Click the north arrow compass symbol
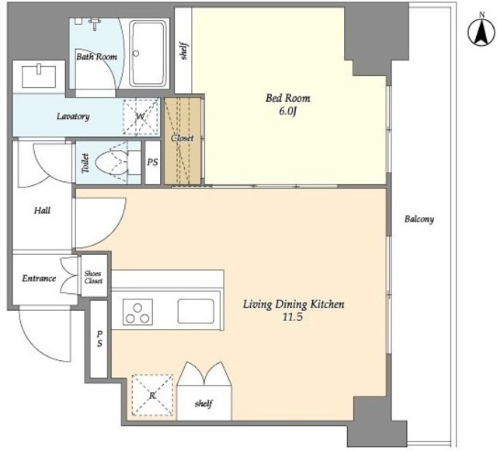click(x=481, y=32)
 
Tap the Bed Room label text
click(x=288, y=98)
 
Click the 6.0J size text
click(x=287, y=112)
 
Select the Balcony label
click(x=419, y=219)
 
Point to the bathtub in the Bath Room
click(x=149, y=54)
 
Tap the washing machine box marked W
click(x=141, y=117)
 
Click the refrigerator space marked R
click(x=152, y=396)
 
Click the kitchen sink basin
click(x=196, y=311)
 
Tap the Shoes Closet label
click(x=93, y=277)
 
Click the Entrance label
click(x=39, y=278)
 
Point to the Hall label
click(x=42, y=210)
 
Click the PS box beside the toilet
click(x=152, y=163)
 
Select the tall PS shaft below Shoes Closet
click(x=99, y=339)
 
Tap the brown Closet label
click(x=182, y=138)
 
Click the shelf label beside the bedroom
click(x=184, y=51)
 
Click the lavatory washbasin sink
click(x=39, y=76)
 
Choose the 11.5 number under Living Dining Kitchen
click(x=293, y=316)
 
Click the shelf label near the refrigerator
click(x=203, y=404)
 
